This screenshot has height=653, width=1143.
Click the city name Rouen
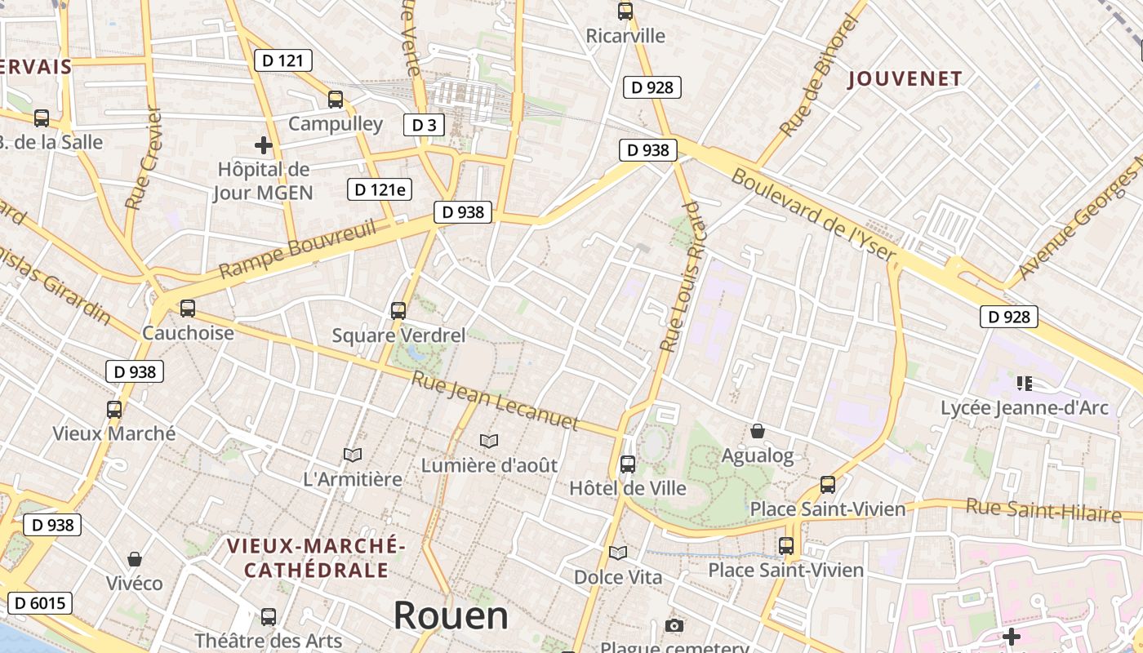451,615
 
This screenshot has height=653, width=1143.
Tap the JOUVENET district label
905,79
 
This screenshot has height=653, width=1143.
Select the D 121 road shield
282,60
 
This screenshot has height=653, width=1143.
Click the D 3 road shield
424,125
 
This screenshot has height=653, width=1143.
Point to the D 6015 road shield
39,603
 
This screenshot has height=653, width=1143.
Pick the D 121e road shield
379,189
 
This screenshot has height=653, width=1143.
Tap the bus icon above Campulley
336,100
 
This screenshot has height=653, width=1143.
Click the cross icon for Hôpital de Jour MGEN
263,145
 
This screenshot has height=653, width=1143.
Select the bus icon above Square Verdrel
398,310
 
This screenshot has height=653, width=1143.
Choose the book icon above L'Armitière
353,455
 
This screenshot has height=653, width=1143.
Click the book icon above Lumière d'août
489,441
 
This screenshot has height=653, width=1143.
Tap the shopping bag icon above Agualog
758,431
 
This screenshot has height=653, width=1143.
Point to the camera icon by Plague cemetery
674,625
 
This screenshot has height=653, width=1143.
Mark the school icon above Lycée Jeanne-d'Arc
1025,383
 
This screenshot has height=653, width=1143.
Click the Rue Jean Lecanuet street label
495,401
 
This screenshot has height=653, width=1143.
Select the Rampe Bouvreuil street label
298,248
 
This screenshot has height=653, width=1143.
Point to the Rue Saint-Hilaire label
1043,510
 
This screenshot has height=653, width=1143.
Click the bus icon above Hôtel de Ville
628,464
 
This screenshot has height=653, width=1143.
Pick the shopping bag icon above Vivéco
135,559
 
